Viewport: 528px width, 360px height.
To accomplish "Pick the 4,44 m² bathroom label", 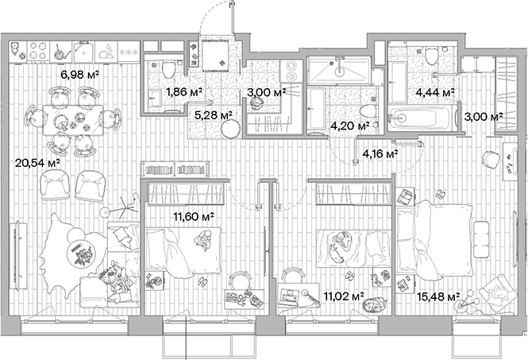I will tap(435, 93).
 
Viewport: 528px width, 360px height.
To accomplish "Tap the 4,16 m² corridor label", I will tap(380, 153).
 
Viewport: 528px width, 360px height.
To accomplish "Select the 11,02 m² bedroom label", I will tap(343, 296).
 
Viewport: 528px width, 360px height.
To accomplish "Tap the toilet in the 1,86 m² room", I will tap(167, 70).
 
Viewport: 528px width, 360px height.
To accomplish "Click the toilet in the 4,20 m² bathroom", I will tap(368, 111).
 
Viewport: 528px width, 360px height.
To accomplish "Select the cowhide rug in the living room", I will tap(76, 250).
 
